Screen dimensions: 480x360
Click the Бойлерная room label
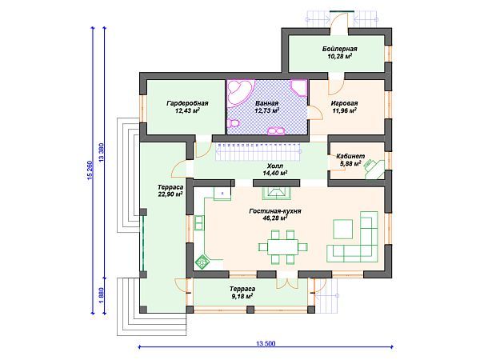pos(339,49)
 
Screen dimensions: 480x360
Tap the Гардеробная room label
pos(187,103)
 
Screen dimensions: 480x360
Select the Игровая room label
pos(344,103)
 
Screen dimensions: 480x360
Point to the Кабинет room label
pos(350,156)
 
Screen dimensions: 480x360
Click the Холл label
pos(275,166)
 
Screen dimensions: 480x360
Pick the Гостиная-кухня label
pos(275,211)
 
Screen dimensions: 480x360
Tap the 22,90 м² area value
pos(170,194)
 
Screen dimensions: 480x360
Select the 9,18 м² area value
pos(242,296)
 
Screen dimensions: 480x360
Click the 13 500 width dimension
pos(266,343)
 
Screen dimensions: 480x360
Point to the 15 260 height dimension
pos(90,170)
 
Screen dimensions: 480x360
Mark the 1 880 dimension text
pos(102,296)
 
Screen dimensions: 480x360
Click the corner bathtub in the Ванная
pos(240,92)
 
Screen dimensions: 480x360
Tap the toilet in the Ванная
pos(234,123)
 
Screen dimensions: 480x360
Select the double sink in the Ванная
pos(276,131)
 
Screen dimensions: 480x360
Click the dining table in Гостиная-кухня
pos(283,246)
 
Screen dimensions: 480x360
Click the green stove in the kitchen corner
pos(202,262)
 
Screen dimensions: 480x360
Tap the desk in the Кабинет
pos(375,170)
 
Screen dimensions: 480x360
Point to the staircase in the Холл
pos(258,151)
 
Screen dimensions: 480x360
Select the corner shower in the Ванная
pos(299,88)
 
